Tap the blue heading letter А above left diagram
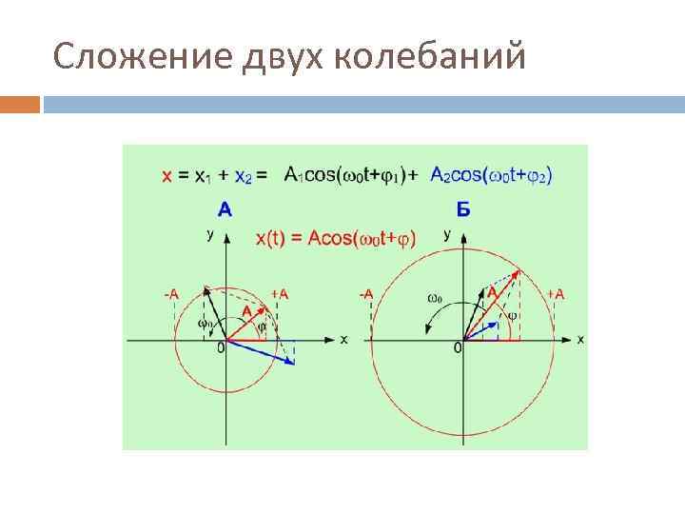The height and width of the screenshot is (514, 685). click(x=225, y=208)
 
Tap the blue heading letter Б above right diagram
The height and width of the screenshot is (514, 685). click(x=462, y=209)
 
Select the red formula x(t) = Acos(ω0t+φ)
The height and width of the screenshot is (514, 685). click(x=336, y=239)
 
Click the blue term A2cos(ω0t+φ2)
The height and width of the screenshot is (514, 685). click(x=491, y=174)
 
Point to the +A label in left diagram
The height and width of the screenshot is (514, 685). click(x=279, y=293)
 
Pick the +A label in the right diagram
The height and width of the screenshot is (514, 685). click(x=554, y=293)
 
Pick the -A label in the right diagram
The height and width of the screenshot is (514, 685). click(x=365, y=293)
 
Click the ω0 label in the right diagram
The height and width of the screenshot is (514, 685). click(x=434, y=297)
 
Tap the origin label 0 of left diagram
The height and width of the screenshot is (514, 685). click(x=220, y=349)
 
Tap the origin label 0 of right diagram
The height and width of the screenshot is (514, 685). click(x=458, y=349)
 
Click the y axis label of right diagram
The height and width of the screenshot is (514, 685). click(x=447, y=234)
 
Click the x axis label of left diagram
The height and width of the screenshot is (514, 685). click(x=343, y=339)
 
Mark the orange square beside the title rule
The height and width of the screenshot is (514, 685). click(x=20, y=104)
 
